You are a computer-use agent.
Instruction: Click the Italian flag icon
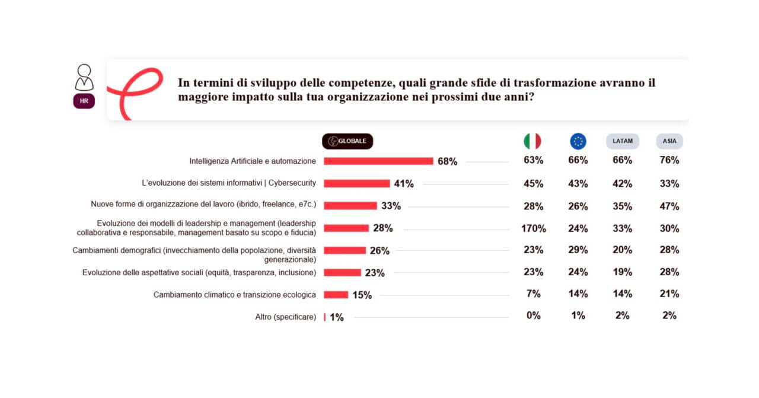tap(532, 141)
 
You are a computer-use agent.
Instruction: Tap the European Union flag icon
tap(578, 141)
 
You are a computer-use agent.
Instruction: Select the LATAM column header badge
tap(623, 141)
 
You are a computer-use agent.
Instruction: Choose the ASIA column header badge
tap(669, 141)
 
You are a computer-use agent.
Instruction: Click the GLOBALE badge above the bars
tap(347, 141)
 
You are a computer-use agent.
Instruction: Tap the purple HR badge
tap(84, 101)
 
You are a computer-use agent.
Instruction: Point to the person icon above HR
tap(84, 77)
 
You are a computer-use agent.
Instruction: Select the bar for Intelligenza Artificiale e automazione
tap(378, 161)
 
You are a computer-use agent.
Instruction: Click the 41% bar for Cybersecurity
tap(356, 183)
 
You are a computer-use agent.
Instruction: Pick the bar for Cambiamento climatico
tap(336, 294)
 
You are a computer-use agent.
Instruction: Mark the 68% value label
tap(447, 161)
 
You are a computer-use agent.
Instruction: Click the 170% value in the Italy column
tap(534, 228)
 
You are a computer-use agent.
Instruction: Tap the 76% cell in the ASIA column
tap(669, 160)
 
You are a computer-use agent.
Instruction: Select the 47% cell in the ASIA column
tap(669, 206)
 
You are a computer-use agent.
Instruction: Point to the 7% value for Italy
tap(534, 294)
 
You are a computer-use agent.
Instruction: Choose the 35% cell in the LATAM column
tap(623, 206)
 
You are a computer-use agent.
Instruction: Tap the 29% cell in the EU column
tap(578, 250)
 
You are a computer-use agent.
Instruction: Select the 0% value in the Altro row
tap(534, 316)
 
